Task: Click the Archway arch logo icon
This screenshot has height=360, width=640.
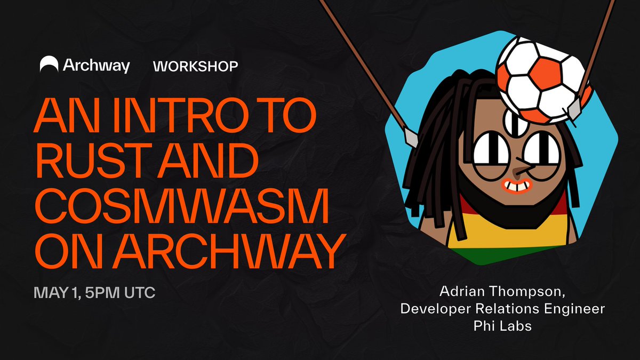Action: click(49, 64)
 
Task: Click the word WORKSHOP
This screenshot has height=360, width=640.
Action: click(195, 66)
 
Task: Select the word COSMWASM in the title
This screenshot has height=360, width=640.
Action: click(182, 206)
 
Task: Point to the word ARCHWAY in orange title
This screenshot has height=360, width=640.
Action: click(230, 251)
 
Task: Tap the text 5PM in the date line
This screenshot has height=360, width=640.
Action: click(102, 293)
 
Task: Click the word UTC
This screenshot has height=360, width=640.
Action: click(140, 293)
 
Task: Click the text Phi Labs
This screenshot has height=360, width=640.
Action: click(502, 326)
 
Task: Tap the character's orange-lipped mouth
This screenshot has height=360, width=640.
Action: click(516, 186)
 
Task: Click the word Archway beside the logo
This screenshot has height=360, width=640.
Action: click(97, 66)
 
